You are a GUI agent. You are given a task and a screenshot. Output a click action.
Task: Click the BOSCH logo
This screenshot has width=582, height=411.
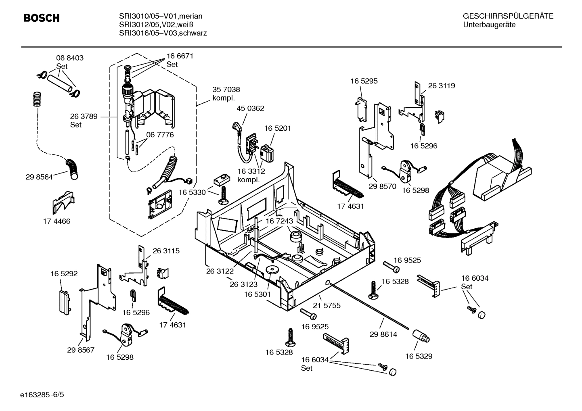(42, 18)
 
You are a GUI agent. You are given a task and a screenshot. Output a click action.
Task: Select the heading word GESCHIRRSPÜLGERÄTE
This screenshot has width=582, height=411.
(508, 16)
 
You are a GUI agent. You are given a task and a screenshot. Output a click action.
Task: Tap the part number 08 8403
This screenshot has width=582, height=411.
(70, 58)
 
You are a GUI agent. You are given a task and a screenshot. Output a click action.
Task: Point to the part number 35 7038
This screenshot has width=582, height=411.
(226, 90)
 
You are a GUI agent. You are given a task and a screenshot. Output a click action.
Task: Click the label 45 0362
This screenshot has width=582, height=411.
(250, 108)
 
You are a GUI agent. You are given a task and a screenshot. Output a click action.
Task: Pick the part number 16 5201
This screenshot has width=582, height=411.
(278, 128)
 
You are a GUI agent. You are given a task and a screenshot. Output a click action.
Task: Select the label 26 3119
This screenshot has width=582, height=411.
(441, 86)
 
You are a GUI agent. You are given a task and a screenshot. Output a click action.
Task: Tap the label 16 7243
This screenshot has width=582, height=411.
(279, 221)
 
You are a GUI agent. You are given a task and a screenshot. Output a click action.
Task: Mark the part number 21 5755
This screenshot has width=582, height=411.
(327, 305)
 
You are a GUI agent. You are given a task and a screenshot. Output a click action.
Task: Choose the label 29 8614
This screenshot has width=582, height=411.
(383, 334)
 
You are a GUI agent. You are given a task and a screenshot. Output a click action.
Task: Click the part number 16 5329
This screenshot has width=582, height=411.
(419, 356)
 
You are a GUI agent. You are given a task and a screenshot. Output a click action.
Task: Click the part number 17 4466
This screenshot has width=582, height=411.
(57, 221)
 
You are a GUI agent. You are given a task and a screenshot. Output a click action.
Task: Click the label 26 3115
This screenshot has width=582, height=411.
(166, 250)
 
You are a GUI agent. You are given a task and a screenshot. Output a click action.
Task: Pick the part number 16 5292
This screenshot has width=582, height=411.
(64, 273)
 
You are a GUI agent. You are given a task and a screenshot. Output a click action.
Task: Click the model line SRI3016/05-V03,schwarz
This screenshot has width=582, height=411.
(163, 33)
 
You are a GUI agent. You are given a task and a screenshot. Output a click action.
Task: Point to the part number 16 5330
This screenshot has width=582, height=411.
(192, 192)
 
